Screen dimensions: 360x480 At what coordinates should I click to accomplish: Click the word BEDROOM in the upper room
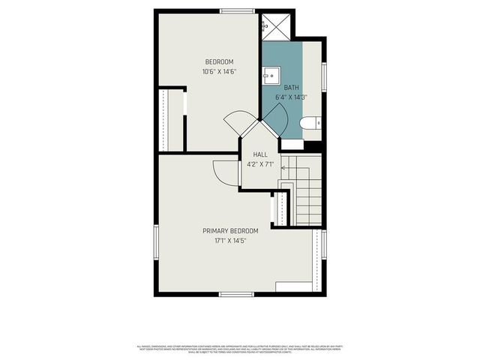220,61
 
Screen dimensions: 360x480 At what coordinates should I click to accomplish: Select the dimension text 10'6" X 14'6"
220,72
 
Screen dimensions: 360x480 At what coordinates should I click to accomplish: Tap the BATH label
291,87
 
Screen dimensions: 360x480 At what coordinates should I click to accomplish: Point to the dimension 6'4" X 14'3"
291,97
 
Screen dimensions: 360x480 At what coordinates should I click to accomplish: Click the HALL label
259,154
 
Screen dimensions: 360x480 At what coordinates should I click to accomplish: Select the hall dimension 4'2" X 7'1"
259,164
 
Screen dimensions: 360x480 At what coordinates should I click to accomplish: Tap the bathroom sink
270,74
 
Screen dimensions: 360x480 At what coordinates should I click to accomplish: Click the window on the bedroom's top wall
237,10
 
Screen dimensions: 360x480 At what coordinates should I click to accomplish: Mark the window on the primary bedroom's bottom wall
236,294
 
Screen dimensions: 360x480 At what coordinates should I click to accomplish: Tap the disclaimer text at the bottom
240,349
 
